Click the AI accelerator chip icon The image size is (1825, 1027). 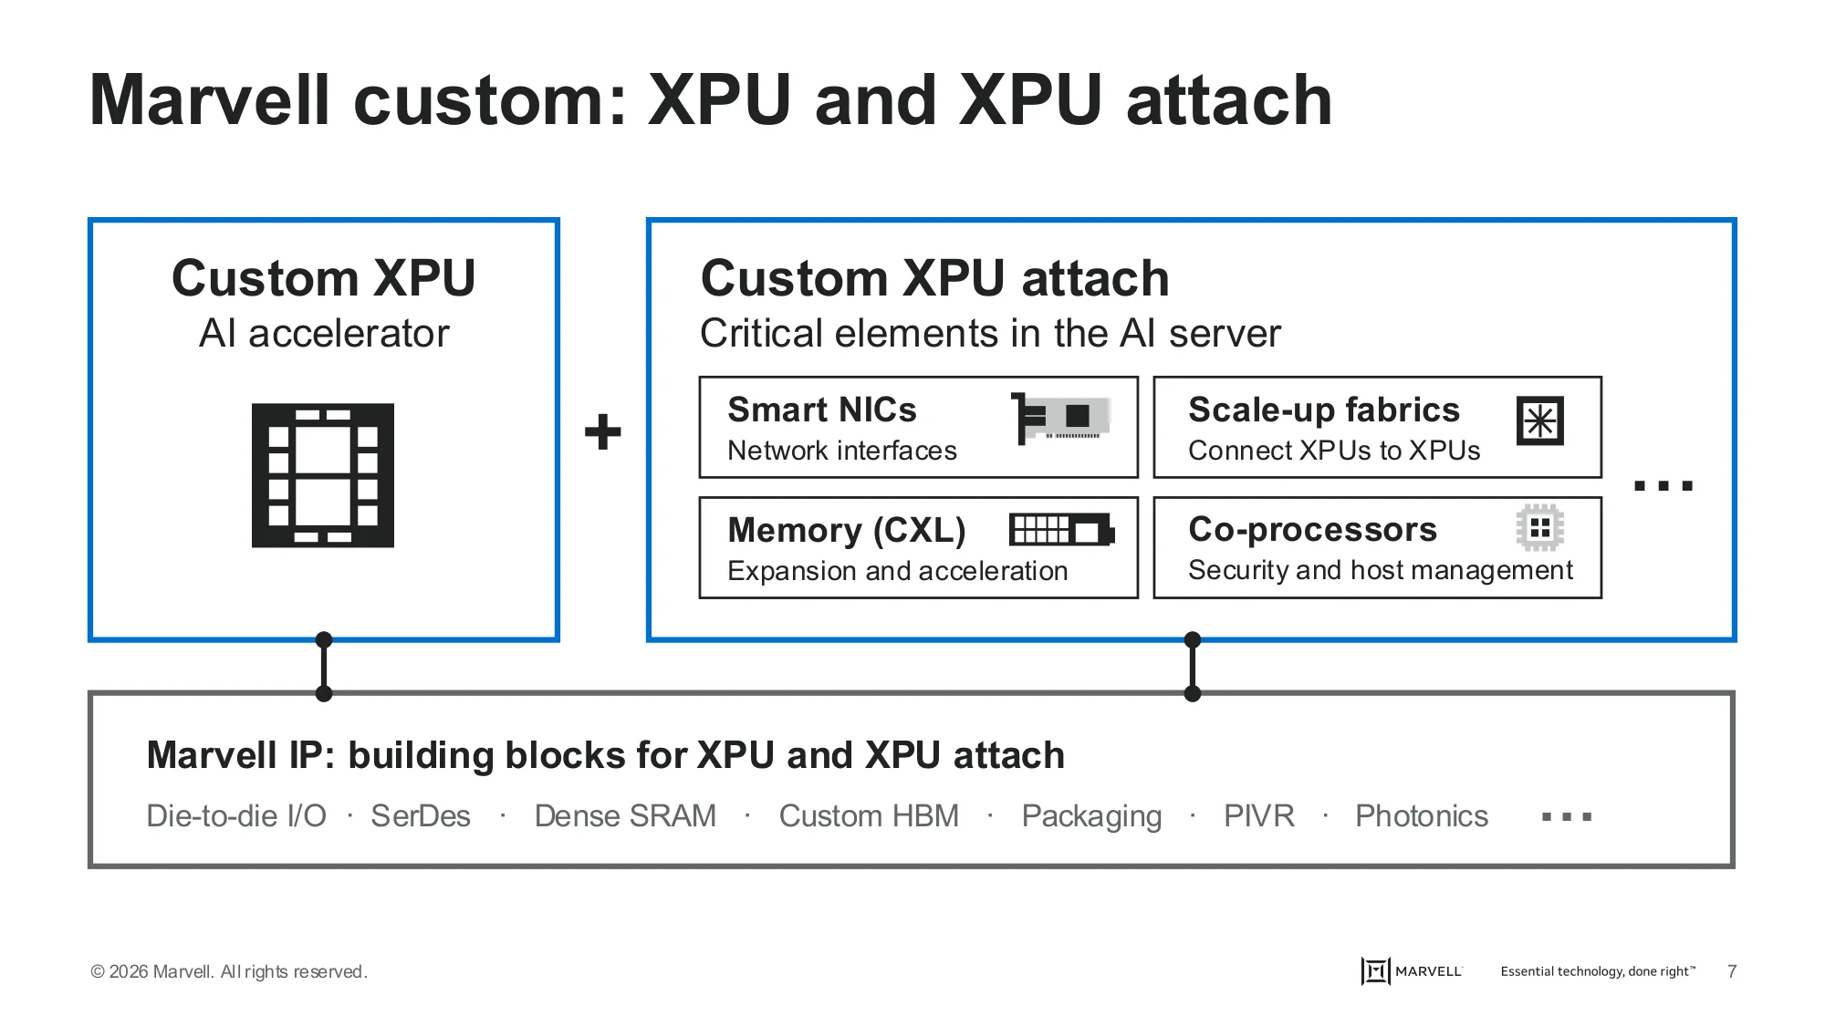(323, 475)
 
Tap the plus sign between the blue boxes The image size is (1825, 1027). (602, 431)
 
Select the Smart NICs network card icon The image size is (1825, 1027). (1061, 418)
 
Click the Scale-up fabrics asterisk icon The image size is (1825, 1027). (1540, 420)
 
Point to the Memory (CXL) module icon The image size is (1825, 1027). (1062, 530)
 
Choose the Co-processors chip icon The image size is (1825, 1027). (1540, 527)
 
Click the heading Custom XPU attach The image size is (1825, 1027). (934, 277)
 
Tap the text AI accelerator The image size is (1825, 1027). (324, 334)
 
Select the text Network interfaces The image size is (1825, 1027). (842, 451)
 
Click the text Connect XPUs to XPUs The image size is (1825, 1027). (1334, 451)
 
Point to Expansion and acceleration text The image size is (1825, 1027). (898, 571)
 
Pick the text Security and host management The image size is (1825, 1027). (1381, 570)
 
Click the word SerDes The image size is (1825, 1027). (421, 815)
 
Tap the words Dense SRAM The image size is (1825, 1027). (625, 815)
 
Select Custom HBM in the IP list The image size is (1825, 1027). (869, 815)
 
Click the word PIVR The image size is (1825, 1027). (1259, 815)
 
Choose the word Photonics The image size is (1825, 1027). (1422, 815)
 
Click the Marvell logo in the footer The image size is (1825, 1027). (1412, 971)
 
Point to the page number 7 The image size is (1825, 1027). (1732, 971)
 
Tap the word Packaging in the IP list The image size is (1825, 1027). (1091, 816)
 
